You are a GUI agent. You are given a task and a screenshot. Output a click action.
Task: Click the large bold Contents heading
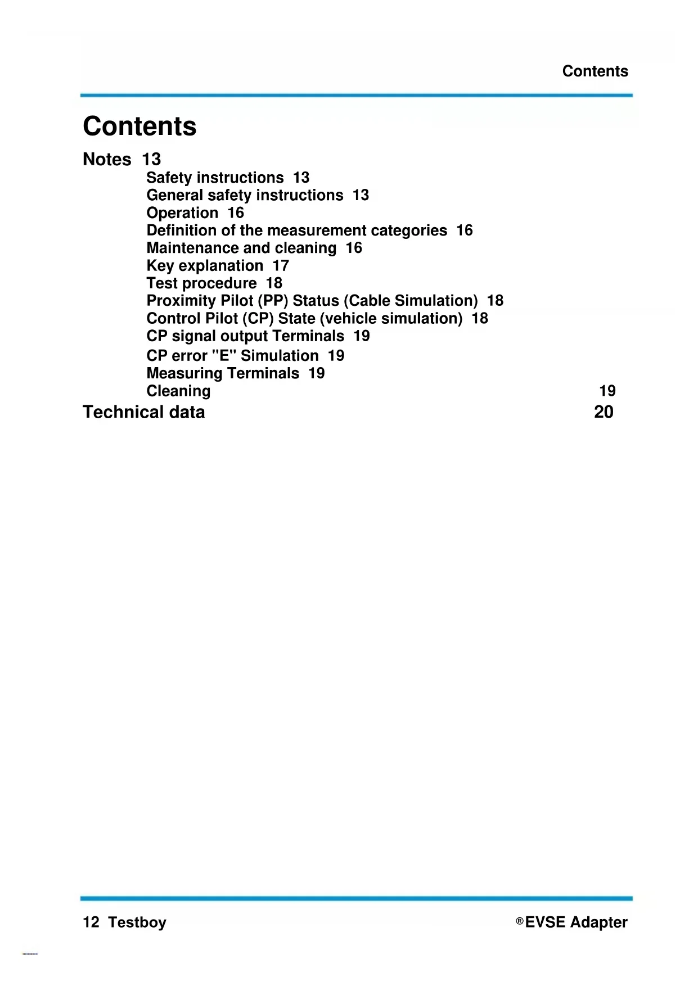coord(139,126)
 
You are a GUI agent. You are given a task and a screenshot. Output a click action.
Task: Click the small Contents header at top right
coord(595,71)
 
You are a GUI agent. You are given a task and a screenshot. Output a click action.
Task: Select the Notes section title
coord(107,160)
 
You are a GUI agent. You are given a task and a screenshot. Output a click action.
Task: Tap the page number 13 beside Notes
coord(151,160)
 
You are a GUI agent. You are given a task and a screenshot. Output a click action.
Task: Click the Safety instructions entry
coord(215,178)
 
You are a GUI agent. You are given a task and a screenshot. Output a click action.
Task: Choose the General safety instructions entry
coord(245,195)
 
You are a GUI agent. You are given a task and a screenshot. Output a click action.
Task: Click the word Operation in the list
coord(182,213)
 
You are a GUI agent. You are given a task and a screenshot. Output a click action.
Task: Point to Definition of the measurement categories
coord(296,230)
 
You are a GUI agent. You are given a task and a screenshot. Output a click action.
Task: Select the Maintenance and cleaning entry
coord(241,248)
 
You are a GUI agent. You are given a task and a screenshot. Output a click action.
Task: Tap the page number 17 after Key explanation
coord(281,266)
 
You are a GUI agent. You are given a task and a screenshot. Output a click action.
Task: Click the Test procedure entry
coord(201,283)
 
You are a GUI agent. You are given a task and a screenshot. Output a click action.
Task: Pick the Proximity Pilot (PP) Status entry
coord(312,301)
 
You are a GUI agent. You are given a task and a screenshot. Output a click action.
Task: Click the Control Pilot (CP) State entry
coord(304,319)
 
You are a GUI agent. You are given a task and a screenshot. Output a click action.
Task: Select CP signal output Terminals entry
coord(245,336)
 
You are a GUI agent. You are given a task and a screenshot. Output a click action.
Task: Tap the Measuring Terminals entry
coord(223,373)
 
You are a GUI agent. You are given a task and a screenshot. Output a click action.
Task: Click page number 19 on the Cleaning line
coord(607,391)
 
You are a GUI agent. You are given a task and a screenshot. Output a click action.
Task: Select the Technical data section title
coord(143,412)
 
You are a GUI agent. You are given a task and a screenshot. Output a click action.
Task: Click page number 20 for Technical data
coord(604,412)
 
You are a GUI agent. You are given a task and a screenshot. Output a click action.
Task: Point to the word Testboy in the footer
coord(137,922)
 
